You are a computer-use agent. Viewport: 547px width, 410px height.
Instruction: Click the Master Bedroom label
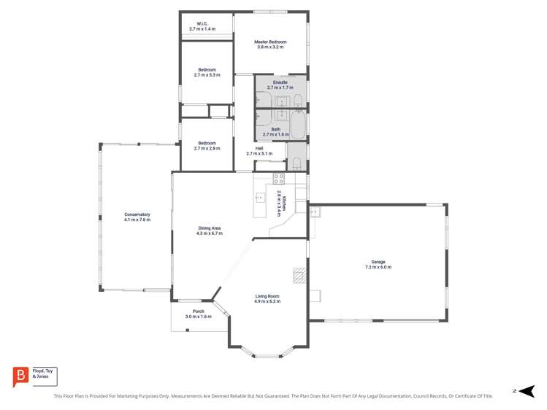point(270,42)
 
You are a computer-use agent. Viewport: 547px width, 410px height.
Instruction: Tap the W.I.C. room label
point(202,24)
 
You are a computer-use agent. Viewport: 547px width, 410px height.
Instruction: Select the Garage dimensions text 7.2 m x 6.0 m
point(378,268)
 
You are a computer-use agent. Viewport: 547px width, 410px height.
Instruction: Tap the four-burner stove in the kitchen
point(278,177)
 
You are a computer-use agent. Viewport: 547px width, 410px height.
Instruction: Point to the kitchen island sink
point(259,197)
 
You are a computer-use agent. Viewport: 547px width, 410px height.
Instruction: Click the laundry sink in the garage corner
point(314,212)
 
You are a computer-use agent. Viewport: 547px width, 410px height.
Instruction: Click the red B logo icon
point(20,376)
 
